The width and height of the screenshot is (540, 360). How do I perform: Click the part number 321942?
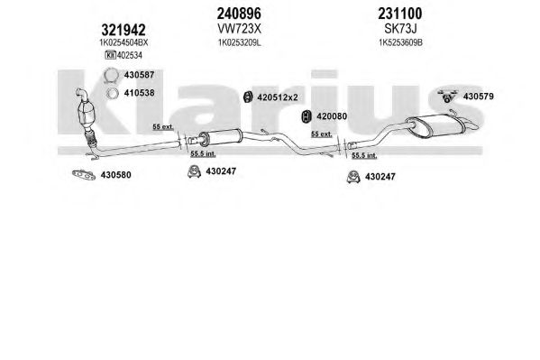[124, 31]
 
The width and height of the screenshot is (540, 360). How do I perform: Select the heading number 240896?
[239, 14]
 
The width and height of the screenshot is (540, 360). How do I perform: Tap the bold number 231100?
[400, 14]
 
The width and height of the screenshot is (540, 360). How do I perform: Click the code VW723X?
[239, 29]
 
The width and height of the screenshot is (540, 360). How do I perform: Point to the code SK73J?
[400, 29]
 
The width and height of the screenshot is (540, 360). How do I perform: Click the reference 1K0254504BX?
[124, 42]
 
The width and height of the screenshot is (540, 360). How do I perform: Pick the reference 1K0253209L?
[240, 42]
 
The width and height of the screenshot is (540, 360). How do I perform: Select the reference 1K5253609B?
[400, 42]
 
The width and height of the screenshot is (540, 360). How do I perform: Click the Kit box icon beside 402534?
[110, 55]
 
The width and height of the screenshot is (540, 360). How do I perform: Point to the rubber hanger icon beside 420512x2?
[248, 97]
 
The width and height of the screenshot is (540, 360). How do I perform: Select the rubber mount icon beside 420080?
[307, 116]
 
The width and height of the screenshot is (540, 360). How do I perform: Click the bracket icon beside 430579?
[447, 96]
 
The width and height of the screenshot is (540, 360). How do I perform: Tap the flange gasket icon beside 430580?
[84, 175]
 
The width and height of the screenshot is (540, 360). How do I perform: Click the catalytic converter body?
[87, 111]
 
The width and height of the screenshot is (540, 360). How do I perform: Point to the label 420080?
[332, 116]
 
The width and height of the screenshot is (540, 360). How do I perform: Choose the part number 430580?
[115, 175]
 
